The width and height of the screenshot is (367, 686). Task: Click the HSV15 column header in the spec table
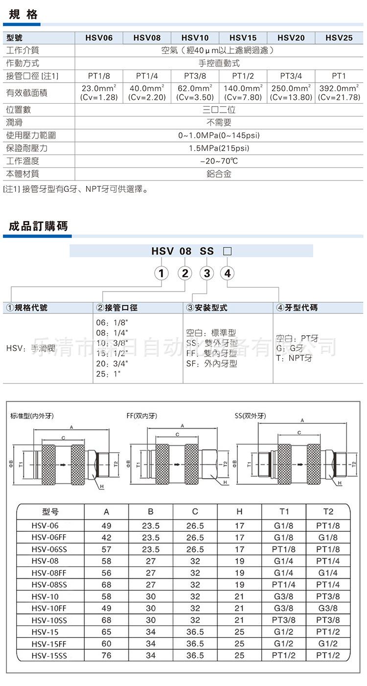click(x=243, y=38)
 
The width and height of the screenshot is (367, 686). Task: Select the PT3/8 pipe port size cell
click(x=195, y=76)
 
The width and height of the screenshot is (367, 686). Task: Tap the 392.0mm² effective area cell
click(x=339, y=92)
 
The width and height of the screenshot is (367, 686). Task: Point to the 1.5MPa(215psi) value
click(x=219, y=148)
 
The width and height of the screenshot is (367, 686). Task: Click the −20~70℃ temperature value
click(x=219, y=161)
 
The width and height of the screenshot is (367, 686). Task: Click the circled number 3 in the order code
click(x=207, y=273)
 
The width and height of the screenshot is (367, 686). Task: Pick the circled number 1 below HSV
click(x=161, y=273)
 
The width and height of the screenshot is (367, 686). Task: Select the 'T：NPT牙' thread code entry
click(x=294, y=358)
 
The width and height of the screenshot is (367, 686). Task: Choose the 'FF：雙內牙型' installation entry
click(x=211, y=353)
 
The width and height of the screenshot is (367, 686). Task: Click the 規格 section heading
click(x=23, y=15)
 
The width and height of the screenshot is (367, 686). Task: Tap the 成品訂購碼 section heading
click(x=38, y=226)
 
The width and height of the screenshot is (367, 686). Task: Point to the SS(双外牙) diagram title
click(x=251, y=416)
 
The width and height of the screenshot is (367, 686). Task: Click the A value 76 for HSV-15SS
click(x=106, y=656)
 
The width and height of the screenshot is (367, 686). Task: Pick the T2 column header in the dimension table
click(x=328, y=512)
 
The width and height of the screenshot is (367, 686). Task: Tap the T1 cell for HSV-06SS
click(x=284, y=549)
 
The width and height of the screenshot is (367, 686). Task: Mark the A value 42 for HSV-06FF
click(x=106, y=537)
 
